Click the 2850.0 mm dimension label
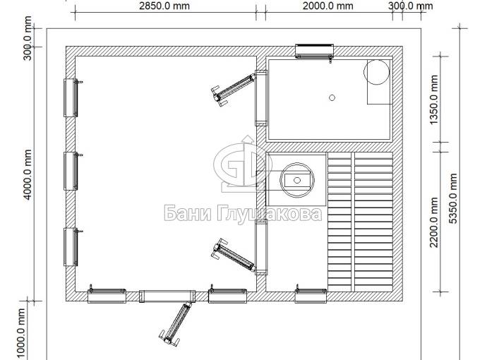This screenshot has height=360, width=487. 164,6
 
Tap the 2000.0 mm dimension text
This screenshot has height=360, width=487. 327,6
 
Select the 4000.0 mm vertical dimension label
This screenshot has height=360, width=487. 28,175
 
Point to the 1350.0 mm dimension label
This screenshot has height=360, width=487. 434,100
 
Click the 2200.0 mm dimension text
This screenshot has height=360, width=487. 434,222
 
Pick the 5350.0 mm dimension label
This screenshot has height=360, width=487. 453,198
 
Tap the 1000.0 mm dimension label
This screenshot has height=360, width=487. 20,334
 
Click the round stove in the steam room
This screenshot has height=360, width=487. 297,180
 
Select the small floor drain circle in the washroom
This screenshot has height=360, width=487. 332,98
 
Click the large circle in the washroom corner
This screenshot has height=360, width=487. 376,72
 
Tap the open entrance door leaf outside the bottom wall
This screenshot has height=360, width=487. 176,323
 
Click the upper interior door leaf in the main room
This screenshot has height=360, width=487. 233,88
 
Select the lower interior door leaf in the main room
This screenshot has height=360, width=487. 234,254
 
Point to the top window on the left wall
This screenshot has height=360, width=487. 71,97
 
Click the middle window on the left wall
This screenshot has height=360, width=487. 71,171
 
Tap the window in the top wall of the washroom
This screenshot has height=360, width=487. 314,52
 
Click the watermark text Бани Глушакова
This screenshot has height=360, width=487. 243,213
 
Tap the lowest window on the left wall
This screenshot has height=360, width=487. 71,247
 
